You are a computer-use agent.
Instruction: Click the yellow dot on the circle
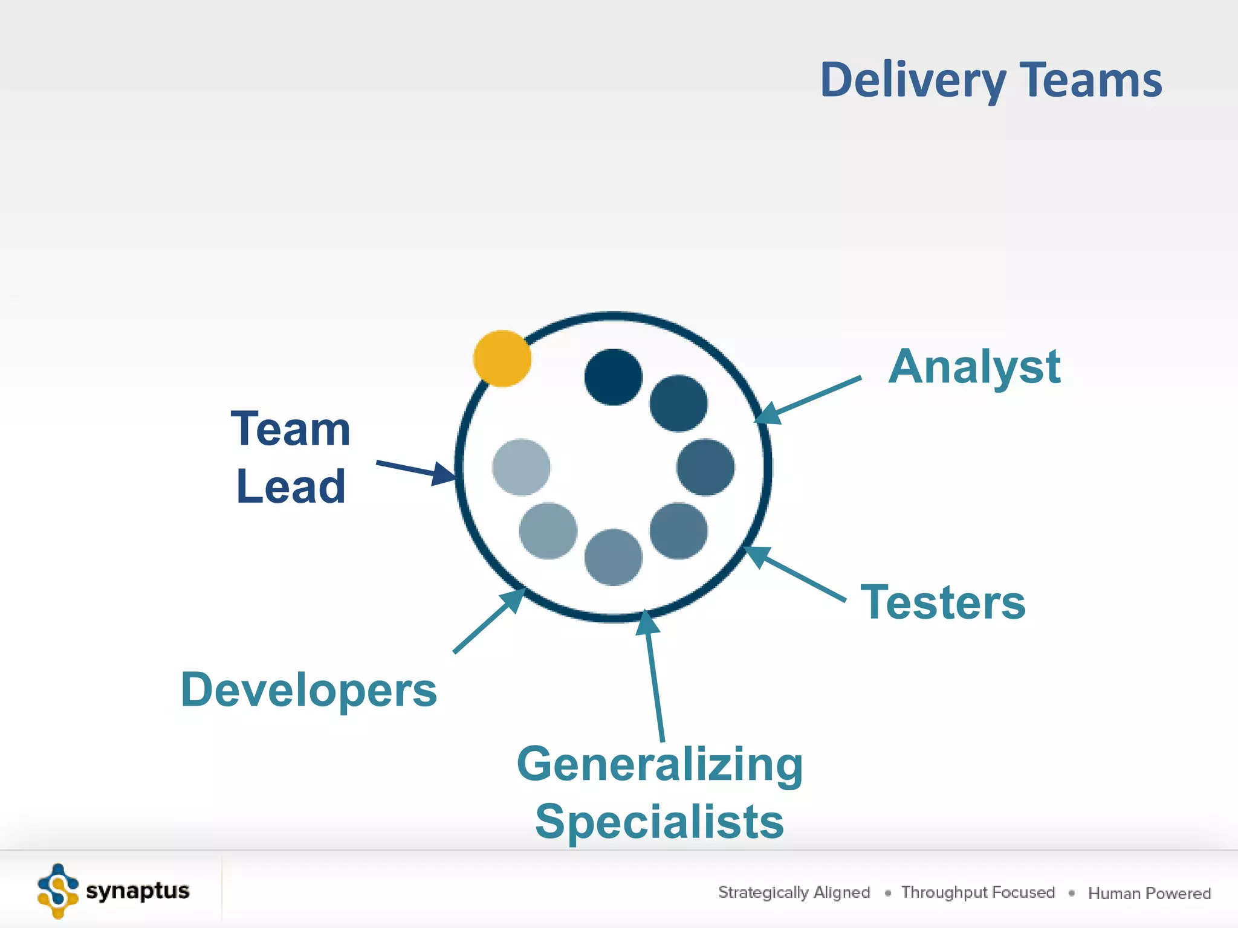(502, 358)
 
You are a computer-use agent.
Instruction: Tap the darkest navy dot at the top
(613, 377)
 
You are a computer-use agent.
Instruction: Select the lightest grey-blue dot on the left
(521, 467)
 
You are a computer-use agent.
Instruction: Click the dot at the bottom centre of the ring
(613, 557)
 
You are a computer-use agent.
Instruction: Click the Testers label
(943, 602)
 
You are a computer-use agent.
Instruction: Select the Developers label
(308, 690)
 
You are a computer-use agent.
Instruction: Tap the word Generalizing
(660, 764)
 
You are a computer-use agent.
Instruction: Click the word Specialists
(660, 822)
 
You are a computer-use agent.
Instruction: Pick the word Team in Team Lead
(291, 429)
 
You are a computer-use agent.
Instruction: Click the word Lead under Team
(291, 486)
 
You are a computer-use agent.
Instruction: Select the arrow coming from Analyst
(810, 399)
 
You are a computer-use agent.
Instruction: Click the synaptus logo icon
(58, 891)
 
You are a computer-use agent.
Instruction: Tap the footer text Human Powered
(1149, 893)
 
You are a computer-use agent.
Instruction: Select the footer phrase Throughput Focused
(977, 892)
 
